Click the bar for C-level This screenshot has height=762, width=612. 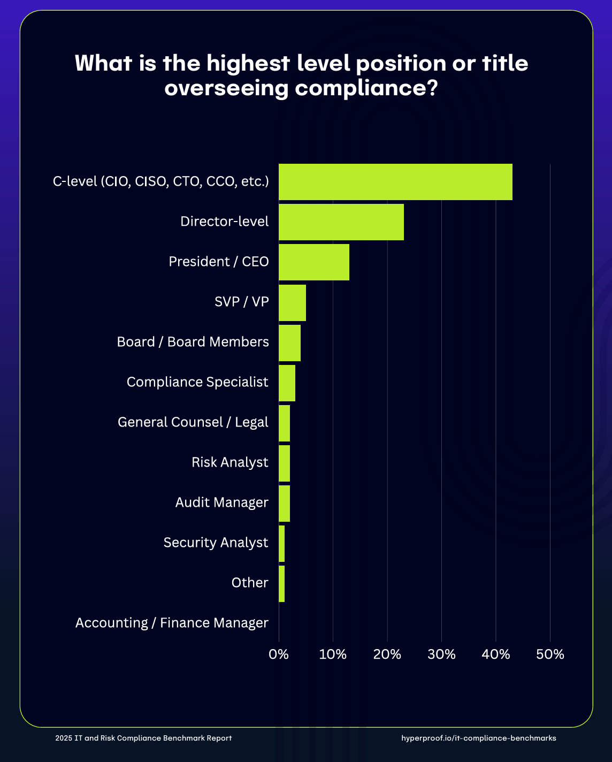click(395, 182)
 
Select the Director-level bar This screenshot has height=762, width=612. click(341, 222)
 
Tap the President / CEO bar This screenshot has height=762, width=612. click(313, 262)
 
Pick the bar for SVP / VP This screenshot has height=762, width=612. click(292, 302)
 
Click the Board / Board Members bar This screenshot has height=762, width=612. click(289, 342)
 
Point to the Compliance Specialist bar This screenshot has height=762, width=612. click(287, 383)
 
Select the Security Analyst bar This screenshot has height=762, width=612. click(281, 543)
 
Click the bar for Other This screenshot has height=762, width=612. click(281, 583)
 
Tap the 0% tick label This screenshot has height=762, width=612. click(279, 654)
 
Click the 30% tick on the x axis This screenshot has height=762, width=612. click(442, 654)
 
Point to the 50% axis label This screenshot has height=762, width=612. click(550, 654)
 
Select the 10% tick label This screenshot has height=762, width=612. click(333, 654)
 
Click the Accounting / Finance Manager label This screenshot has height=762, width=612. click(172, 623)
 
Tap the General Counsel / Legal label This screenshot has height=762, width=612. click(193, 422)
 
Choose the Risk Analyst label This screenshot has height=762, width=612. click(230, 462)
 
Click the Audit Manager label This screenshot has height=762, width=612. click(221, 502)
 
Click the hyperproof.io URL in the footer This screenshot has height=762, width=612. click(478, 738)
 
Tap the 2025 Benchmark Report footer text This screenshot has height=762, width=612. click(143, 738)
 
